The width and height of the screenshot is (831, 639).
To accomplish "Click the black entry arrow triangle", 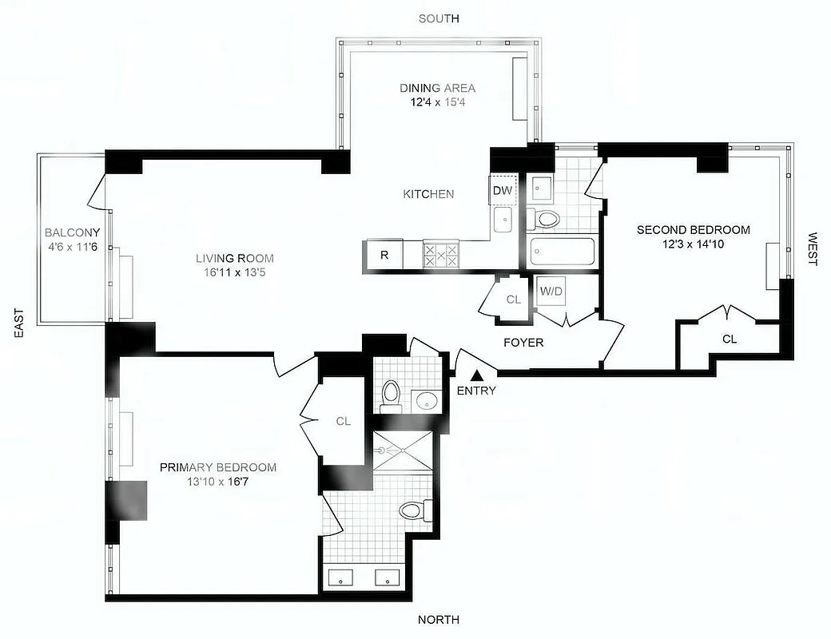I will [477, 374].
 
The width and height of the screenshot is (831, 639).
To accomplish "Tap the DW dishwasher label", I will [502, 190].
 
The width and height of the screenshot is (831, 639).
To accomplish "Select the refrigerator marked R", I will [384, 256].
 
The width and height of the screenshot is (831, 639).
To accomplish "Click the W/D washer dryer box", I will [551, 291].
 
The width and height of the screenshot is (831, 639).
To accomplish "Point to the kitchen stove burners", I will [441, 256].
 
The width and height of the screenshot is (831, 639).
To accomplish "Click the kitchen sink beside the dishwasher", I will [503, 220].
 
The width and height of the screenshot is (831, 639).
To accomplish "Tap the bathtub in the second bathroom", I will [561, 254].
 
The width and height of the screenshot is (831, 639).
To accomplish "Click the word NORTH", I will [439, 620].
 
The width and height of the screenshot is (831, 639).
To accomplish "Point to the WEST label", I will [813, 248].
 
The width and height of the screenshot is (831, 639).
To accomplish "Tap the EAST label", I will [19, 323].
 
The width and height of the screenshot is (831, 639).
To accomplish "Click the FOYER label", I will [523, 343].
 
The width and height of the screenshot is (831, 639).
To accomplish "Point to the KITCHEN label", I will [428, 194].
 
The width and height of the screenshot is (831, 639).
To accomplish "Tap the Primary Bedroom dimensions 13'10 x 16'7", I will [218, 482].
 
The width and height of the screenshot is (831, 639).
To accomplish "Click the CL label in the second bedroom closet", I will [730, 339].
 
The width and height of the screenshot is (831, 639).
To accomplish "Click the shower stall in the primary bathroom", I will [404, 450].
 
